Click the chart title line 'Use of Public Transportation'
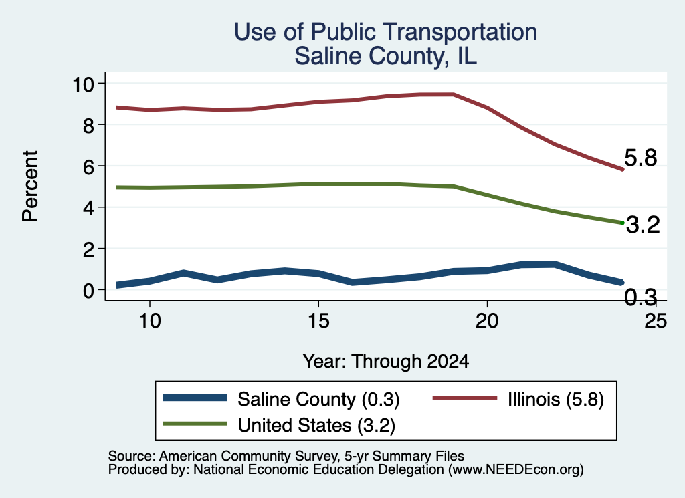click(385, 32)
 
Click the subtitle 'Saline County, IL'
click(385, 56)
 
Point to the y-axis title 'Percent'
click(30, 186)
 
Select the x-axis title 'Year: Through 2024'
click(386, 362)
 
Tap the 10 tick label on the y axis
click(83, 84)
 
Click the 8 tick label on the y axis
click(89, 125)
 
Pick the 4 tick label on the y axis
click(89, 208)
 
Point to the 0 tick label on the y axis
click(89, 291)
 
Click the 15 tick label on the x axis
click(318, 321)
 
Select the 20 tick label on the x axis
click(487, 321)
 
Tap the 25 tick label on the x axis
click(656, 321)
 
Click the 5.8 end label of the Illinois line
click(640, 158)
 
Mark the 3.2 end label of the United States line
click(643, 225)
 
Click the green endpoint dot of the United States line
click(622, 223)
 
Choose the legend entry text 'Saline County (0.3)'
click(318, 399)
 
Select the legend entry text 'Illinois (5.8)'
click(556, 399)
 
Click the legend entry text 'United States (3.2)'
click(316, 426)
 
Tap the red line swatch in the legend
click(465, 398)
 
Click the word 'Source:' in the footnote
click(132, 456)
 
